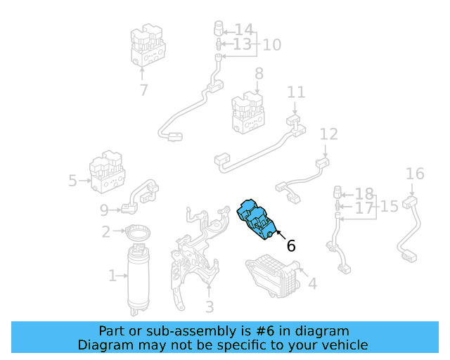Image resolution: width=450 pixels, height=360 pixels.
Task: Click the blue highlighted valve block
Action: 256,219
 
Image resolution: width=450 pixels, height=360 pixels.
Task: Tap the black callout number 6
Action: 291,246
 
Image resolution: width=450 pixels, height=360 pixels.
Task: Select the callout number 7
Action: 143,90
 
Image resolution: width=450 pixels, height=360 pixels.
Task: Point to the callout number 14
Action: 244,30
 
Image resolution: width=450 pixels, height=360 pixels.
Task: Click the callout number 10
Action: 272,45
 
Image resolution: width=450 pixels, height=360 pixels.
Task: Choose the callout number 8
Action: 259,74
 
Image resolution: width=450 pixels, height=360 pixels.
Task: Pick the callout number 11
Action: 296,92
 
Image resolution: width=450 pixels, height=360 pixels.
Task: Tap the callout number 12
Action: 328,134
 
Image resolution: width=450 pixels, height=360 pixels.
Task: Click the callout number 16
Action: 415,174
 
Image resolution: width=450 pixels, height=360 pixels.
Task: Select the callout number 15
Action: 389,207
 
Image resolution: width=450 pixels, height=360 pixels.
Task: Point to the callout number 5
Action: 72,181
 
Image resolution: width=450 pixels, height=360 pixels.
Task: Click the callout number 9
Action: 104,210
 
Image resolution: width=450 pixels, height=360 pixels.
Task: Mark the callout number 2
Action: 106,231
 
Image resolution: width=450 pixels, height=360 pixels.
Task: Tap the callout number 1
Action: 112,276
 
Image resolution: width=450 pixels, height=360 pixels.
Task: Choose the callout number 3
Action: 210,307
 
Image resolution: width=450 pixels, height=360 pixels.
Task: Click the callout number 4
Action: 312,283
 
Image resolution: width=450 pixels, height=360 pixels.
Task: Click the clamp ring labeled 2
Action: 138,233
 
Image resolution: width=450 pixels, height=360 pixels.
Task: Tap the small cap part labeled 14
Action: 219,28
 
